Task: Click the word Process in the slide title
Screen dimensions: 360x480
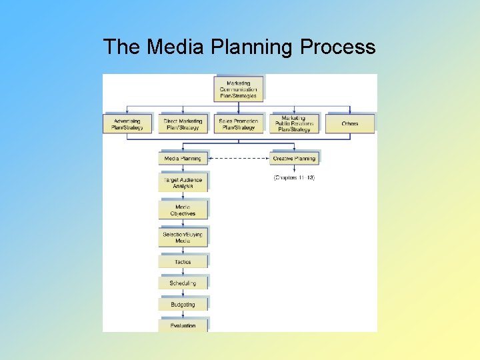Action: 338,47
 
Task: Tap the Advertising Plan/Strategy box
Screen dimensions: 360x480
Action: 127,124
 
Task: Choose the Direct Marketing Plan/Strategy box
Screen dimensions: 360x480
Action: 183,124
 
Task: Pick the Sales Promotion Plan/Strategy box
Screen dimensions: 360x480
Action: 238,124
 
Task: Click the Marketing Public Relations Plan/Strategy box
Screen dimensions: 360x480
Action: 293,123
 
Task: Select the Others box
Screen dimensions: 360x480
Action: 349,124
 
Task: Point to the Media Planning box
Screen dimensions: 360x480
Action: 183,159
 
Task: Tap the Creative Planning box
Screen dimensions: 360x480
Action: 294,159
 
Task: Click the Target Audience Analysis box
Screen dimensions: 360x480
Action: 183,183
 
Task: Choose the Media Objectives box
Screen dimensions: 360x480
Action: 183,211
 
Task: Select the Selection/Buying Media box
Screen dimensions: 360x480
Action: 183,237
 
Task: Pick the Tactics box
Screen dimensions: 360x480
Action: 183,262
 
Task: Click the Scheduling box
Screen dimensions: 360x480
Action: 183,283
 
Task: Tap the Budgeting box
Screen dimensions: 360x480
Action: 183,305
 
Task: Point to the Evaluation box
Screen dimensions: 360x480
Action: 183,325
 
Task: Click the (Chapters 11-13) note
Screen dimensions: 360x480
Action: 294,178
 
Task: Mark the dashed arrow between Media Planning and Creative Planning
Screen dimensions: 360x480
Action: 239,159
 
